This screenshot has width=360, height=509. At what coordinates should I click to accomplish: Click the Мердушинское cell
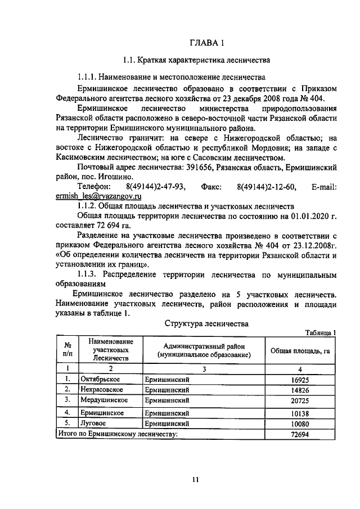coord(104,400)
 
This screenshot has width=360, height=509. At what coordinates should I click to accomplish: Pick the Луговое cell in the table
coord(94,422)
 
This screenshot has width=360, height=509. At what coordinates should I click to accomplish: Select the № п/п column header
coord(67,350)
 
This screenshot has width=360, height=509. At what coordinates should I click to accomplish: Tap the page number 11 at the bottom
coord(195,479)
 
